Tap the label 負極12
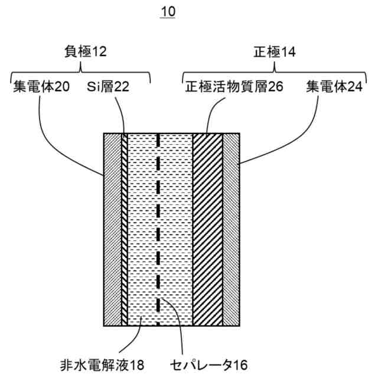(85, 52)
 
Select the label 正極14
(273, 52)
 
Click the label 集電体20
(41, 87)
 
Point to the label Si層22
(108, 87)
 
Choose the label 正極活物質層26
(234, 87)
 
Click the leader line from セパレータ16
(177, 325)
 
